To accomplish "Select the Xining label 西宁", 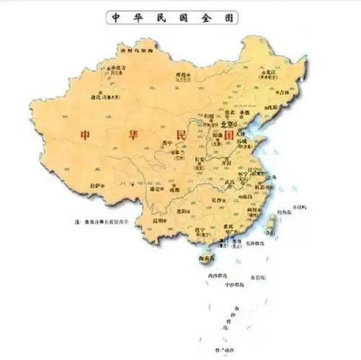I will click(x=167, y=143).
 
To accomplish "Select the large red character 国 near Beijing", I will click(x=229, y=135).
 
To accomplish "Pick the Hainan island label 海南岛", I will click(x=208, y=258).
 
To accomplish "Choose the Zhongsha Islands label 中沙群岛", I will click(x=233, y=284).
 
